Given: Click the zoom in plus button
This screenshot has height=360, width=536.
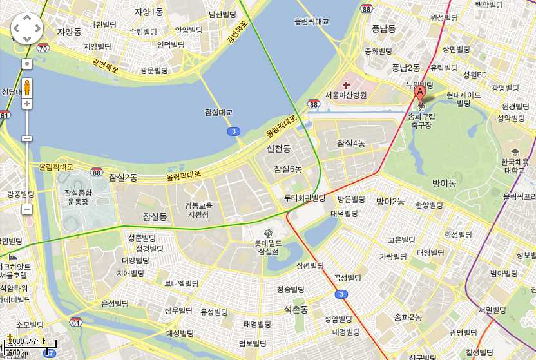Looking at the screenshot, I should click(x=27, y=103).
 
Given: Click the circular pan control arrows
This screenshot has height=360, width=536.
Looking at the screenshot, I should click(x=26, y=28).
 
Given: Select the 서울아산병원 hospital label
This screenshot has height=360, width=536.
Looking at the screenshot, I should click(x=345, y=95).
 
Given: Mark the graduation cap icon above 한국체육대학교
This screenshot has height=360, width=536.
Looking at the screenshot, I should click(x=515, y=151).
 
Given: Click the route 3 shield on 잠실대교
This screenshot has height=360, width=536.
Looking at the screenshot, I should click(x=232, y=131).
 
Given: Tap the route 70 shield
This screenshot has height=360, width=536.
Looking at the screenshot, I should click(x=43, y=48).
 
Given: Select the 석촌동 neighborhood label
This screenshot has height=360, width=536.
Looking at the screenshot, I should click(x=297, y=310).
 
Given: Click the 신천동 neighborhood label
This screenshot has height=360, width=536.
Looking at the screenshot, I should click(x=279, y=149).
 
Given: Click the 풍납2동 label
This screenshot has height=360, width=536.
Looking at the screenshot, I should click(x=405, y=68).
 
